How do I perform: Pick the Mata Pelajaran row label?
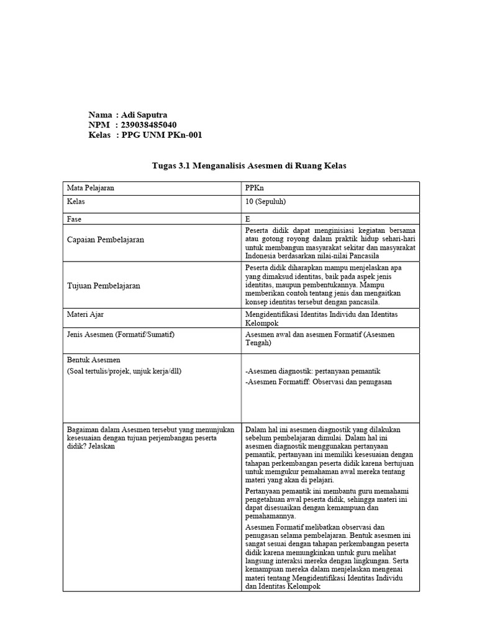coord(91,187)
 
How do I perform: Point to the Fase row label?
coord(74,219)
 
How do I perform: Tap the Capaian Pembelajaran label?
coord(105,239)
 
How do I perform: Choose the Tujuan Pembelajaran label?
coord(103,286)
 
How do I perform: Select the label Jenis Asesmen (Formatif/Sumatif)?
coord(120,335)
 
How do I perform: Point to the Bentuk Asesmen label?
coord(93,360)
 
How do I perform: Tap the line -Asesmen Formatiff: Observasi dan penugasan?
coord(319,382)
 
